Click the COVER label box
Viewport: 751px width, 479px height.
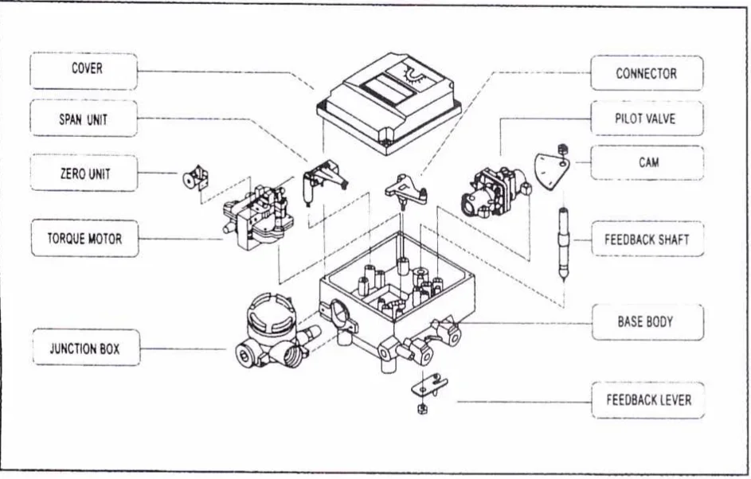[84, 71]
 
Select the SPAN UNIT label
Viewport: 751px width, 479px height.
[84, 119]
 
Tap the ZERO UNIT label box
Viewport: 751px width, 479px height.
[84, 173]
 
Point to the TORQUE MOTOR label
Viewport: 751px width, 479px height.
[84, 238]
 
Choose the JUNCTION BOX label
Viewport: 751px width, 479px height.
[86, 348]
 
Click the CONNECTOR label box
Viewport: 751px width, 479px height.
[647, 72]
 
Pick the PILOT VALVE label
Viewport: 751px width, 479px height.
[647, 118]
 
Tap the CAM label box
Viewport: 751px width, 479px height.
[647, 162]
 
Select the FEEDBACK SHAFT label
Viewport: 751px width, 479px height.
[647, 239]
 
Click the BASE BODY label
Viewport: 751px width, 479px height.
[648, 322]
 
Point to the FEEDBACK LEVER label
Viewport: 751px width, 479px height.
[648, 400]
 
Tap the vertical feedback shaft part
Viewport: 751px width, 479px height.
[564, 242]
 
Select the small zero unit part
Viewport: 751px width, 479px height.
[196, 178]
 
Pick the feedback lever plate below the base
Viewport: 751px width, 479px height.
[428, 386]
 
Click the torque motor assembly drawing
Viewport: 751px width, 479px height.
[258, 219]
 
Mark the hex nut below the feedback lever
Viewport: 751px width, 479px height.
[422, 408]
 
